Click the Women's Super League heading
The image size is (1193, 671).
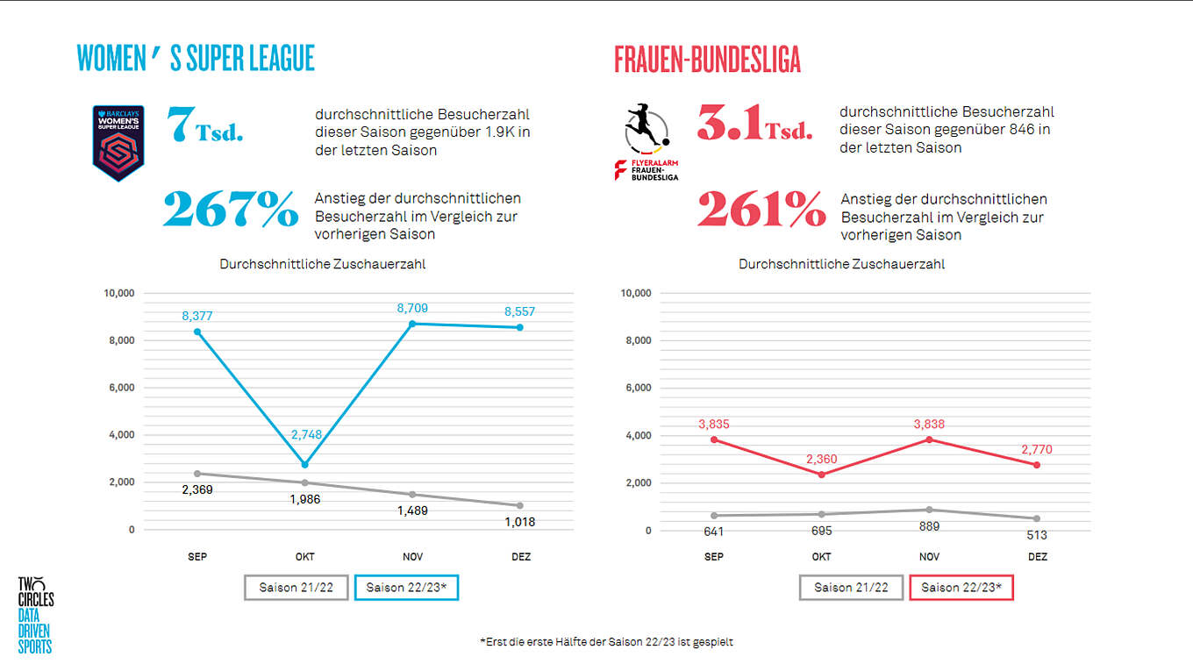pyautogui.click(x=196, y=59)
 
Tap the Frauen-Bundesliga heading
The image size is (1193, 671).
pyautogui.click(x=707, y=60)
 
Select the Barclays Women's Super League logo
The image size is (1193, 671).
pyautogui.click(x=118, y=143)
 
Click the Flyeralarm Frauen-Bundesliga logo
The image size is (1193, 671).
pyautogui.click(x=647, y=142)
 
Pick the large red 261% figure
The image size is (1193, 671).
pyautogui.click(x=761, y=211)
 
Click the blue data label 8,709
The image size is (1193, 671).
pyautogui.click(x=411, y=308)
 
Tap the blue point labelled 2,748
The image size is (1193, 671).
pyautogui.click(x=304, y=464)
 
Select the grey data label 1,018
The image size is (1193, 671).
pyautogui.click(x=518, y=521)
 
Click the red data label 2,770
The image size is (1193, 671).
pyautogui.click(x=1036, y=449)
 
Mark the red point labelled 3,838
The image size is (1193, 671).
pyautogui.click(x=929, y=439)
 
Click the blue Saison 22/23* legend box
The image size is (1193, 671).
pyautogui.click(x=407, y=588)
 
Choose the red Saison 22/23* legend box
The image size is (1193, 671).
pyautogui.click(x=962, y=588)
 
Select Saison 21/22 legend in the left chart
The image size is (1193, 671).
pyautogui.click(x=296, y=588)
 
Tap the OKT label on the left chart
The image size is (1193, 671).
pyautogui.click(x=304, y=557)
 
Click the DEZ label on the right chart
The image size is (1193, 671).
pyautogui.click(x=1037, y=557)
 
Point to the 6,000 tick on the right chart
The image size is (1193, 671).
pyautogui.click(x=637, y=388)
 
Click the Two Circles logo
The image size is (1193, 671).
pyautogui.click(x=36, y=614)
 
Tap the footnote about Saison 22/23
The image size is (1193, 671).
pyautogui.click(x=606, y=642)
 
